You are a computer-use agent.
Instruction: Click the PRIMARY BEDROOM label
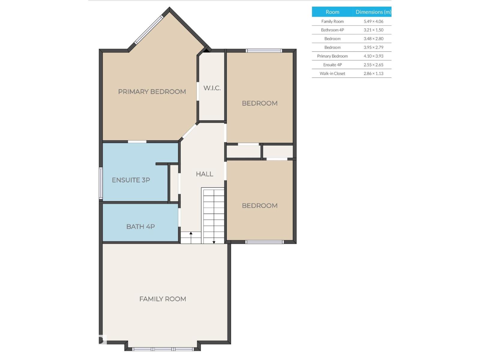152,91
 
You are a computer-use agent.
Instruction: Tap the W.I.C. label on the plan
212,88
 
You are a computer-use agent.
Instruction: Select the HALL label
205,174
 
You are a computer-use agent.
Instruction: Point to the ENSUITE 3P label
131,180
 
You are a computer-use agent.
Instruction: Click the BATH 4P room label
140,226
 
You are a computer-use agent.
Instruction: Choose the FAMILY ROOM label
163,299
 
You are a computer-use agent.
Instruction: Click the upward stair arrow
191,238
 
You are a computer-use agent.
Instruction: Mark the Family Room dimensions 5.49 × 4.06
373,21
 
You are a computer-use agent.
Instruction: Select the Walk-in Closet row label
332,73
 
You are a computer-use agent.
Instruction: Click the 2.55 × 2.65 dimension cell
373,65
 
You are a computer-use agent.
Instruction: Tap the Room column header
332,12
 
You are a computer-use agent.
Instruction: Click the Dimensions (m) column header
373,12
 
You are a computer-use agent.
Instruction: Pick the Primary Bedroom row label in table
332,56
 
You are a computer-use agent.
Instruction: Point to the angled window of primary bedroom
149,30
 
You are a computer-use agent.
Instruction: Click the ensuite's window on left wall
101,183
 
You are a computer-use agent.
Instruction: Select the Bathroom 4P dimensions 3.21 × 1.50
373,30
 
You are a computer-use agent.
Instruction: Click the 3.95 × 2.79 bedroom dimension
373,47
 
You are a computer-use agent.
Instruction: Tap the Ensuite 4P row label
332,65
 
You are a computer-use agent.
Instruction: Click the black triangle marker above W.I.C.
206,50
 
